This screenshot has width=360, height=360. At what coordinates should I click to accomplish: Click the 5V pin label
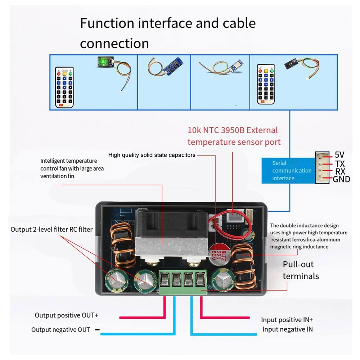coord(339,155)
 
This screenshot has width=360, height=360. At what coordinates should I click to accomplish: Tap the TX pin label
coord(340,163)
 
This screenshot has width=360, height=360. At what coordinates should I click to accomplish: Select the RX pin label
coord(340,171)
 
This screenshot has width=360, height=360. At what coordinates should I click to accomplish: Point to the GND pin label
coord(341,179)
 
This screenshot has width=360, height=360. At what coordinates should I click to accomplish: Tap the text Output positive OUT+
coord(66,315)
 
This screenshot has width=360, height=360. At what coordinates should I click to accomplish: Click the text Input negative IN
coord(287,329)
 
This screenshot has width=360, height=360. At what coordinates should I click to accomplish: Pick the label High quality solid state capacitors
coord(152,155)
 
